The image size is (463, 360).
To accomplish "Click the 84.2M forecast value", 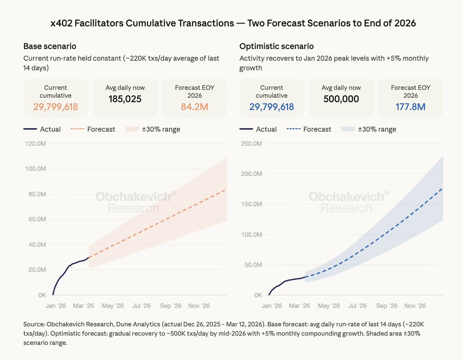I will pos(194,107).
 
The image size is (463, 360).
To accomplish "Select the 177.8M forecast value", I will pos(411,107).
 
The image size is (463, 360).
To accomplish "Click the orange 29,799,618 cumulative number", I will pos(56,107).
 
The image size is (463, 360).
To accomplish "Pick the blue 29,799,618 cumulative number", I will pos(272,107).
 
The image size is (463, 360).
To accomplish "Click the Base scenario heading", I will pos(50,46).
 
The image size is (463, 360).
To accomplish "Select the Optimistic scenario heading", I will pos(276,46).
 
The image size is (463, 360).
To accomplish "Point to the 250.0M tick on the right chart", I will pos(252,144).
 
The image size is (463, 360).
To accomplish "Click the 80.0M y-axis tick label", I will pos(37,194).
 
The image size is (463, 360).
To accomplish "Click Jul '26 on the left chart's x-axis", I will pos(142,306).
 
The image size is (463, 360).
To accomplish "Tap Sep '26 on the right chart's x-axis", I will pos(387,306).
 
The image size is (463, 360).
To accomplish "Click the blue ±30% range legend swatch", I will pos(348,129).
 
